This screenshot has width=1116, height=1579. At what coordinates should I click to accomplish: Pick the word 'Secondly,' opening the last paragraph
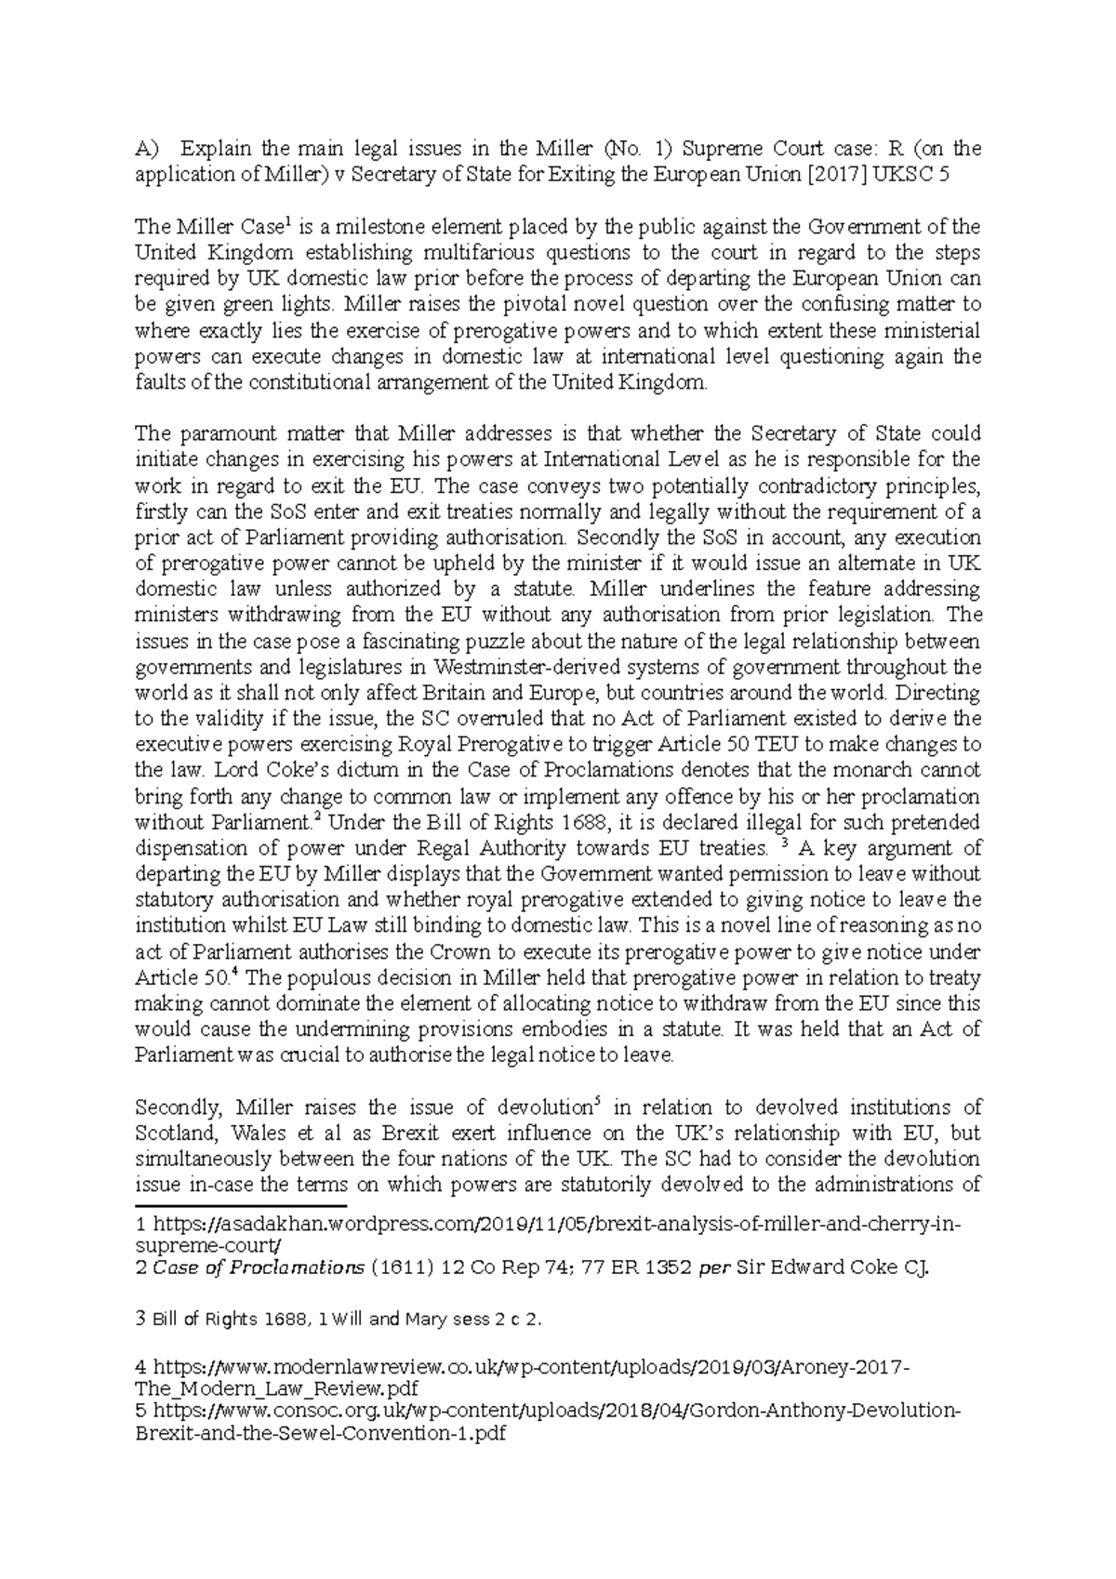(x=179, y=1108)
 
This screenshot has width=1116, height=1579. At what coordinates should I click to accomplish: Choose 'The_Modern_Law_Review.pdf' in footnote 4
(x=276, y=1388)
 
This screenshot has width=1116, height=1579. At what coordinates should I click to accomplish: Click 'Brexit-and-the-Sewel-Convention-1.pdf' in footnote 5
(x=320, y=1433)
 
